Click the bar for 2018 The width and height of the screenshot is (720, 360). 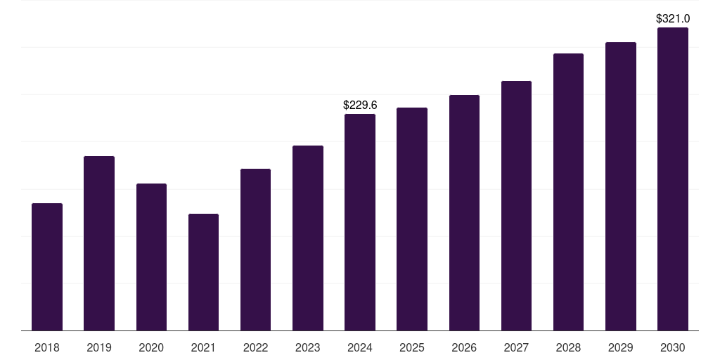click(47, 266)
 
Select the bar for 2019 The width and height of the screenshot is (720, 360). click(99, 243)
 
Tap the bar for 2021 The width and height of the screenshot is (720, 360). click(203, 272)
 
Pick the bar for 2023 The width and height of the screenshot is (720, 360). click(308, 238)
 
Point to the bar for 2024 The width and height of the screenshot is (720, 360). click(360, 222)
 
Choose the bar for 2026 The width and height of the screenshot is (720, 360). click(464, 212)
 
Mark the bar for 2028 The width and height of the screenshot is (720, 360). click(568, 192)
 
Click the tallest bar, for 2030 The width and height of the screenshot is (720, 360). click(673, 179)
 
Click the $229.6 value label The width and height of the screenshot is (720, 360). click(360, 105)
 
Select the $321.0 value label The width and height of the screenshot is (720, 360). click(673, 19)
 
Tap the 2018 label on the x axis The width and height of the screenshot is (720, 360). click(47, 347)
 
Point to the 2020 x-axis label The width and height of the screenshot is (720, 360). click(151, 347)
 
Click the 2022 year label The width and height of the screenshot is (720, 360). click(255, 347)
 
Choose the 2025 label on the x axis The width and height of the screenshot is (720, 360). click(412, 347)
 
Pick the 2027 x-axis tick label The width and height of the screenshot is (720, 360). click(516, 347)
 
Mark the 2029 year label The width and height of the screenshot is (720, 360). click(620, 347)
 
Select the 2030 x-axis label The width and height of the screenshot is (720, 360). click(673, 347)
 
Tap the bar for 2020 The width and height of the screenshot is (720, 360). click(151, 257)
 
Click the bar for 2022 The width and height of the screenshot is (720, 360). click(255, 250)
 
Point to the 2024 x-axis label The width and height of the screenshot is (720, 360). click(360, 347)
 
